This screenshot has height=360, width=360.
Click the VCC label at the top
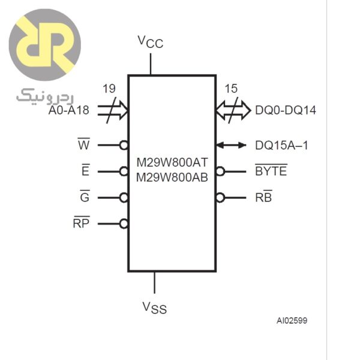coord(150,41)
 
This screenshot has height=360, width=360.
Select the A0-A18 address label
coord(68,110)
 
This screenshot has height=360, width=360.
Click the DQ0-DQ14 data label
coord(286,110)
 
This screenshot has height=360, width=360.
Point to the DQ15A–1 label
coord(281,145)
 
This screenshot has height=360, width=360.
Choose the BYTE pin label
coord(271,172)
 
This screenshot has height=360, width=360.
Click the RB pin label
coord(263,197)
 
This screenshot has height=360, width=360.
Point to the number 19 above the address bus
coord(109,89)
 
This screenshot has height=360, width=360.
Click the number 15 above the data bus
coord(231,89)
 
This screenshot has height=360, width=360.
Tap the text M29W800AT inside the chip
coord(172,163)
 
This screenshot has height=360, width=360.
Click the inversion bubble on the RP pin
coord(124,224)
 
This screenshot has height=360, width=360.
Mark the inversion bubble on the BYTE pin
coord(220,172)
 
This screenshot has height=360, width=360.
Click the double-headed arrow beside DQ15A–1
coord(231,145)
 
